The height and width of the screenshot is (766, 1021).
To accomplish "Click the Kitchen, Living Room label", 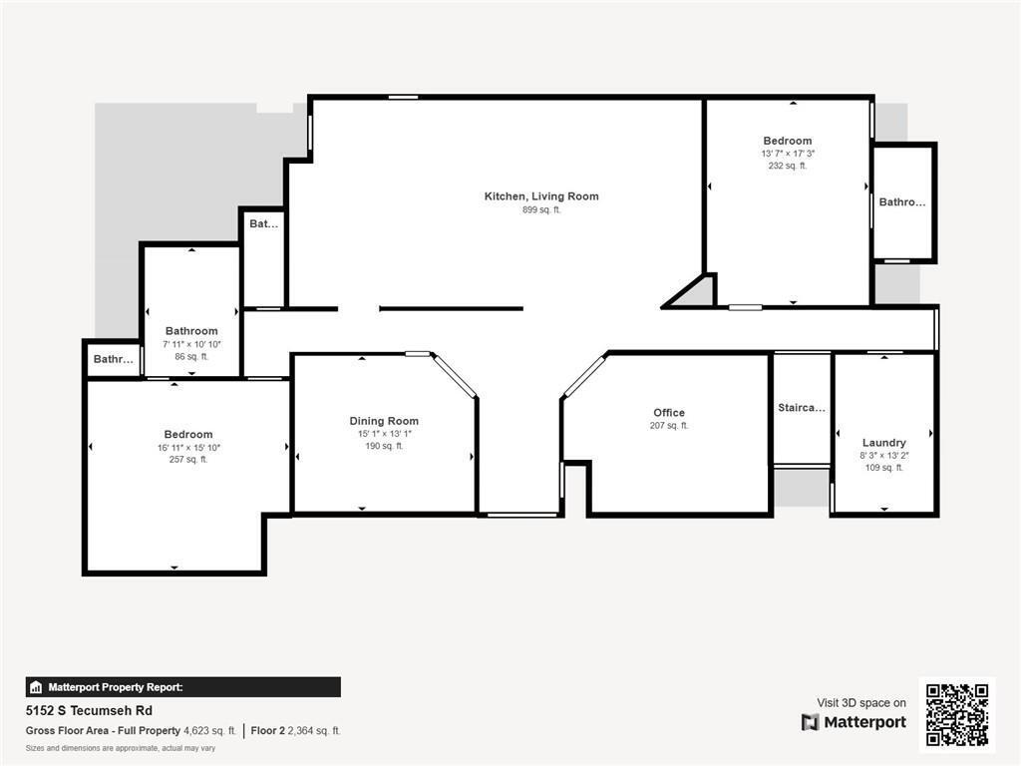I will click(541, 196).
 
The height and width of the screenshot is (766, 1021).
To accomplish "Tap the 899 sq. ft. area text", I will click(541, 210).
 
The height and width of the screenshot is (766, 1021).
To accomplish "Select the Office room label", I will click(669, 413).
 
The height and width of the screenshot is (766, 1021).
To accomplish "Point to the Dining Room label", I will click(384, 421).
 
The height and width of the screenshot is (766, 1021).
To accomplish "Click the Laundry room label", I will click(883, 443).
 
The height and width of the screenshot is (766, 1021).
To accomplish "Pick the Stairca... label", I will click(802, 408).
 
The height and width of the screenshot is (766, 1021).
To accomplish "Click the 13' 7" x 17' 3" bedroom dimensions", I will click(788, 154).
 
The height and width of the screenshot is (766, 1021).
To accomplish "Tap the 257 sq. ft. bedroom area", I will click(188, 460).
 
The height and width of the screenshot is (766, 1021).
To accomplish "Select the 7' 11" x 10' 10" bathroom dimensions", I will click(191, 344).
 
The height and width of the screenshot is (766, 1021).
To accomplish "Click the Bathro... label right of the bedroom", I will click(901, 202).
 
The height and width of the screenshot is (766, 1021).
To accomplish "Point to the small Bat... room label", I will click(263, 224).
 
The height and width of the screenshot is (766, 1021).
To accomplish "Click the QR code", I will click(956, 714).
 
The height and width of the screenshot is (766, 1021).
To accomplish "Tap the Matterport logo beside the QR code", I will click(853, 722).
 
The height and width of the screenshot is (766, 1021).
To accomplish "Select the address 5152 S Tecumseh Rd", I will click(89, 711).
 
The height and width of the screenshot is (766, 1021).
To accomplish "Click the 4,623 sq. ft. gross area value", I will click(209, 731).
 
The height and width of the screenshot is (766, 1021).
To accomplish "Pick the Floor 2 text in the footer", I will click(268, 731).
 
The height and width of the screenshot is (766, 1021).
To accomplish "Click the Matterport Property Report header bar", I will click(182, 687).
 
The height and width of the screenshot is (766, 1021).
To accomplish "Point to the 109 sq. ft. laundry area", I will click(883, 468).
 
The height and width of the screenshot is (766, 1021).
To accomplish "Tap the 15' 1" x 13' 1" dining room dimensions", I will click(384, 434).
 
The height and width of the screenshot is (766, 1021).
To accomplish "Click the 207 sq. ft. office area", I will click(669, 426).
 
